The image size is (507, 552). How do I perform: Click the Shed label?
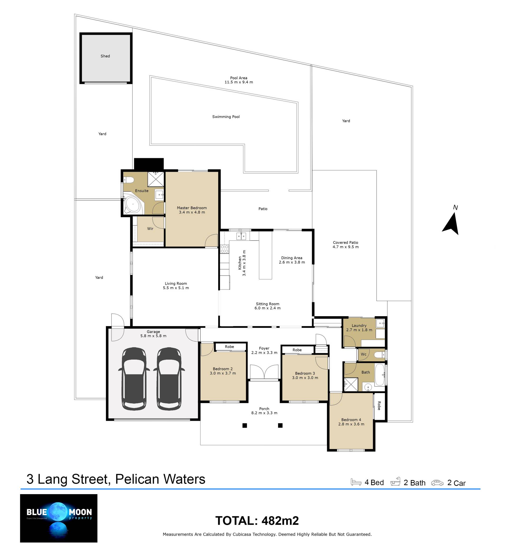tap(105, 56)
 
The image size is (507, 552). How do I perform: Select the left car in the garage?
tap(134, 378)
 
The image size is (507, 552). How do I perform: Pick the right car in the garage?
tap(169, 378)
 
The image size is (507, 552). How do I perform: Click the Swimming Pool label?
tap(226, 116)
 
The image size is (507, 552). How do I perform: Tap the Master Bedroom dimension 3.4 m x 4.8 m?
tap(192, 212)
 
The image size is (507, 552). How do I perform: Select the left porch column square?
tap(245, 425)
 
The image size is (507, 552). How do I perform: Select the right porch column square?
tap(280, 425)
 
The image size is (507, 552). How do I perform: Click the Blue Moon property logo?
tap(59, 518)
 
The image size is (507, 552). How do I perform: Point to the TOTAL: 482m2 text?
tap(257, 521)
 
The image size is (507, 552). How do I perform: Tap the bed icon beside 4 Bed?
tap(356, 482)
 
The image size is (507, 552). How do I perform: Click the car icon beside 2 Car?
tap(437, 483)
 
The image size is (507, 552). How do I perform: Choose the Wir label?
tap(150, 228)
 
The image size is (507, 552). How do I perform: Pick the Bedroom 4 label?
tap(351, 419)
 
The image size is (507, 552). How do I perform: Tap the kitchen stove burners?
tap(224, 249)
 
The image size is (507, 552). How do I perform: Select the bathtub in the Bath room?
tap(380, 375)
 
